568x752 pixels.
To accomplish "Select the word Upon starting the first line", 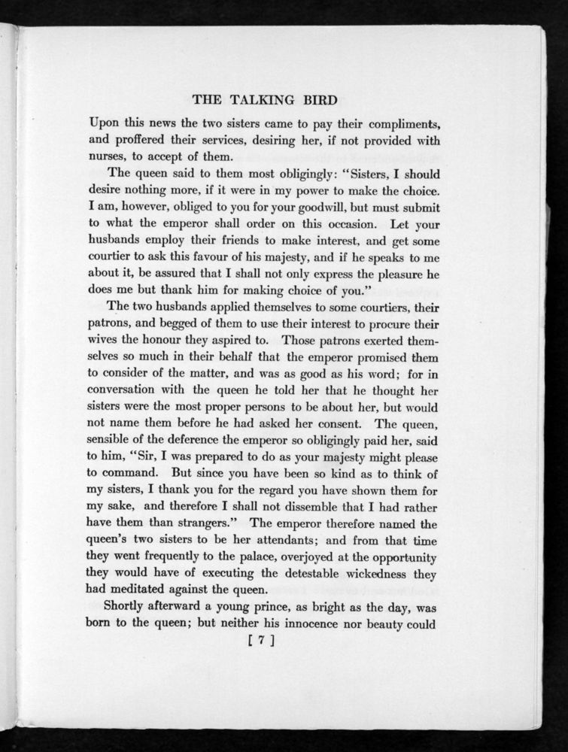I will click(104, 122).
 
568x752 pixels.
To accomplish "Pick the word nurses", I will click(108, 156).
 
